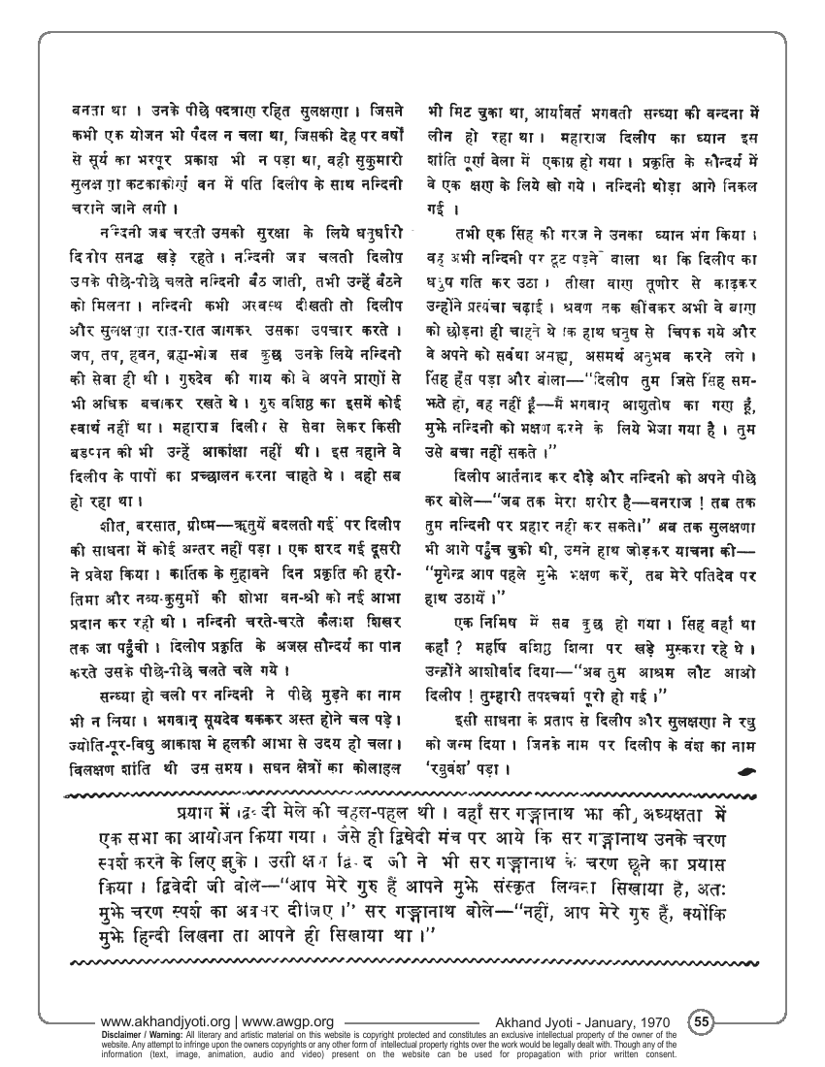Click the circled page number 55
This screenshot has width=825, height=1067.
702,1021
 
